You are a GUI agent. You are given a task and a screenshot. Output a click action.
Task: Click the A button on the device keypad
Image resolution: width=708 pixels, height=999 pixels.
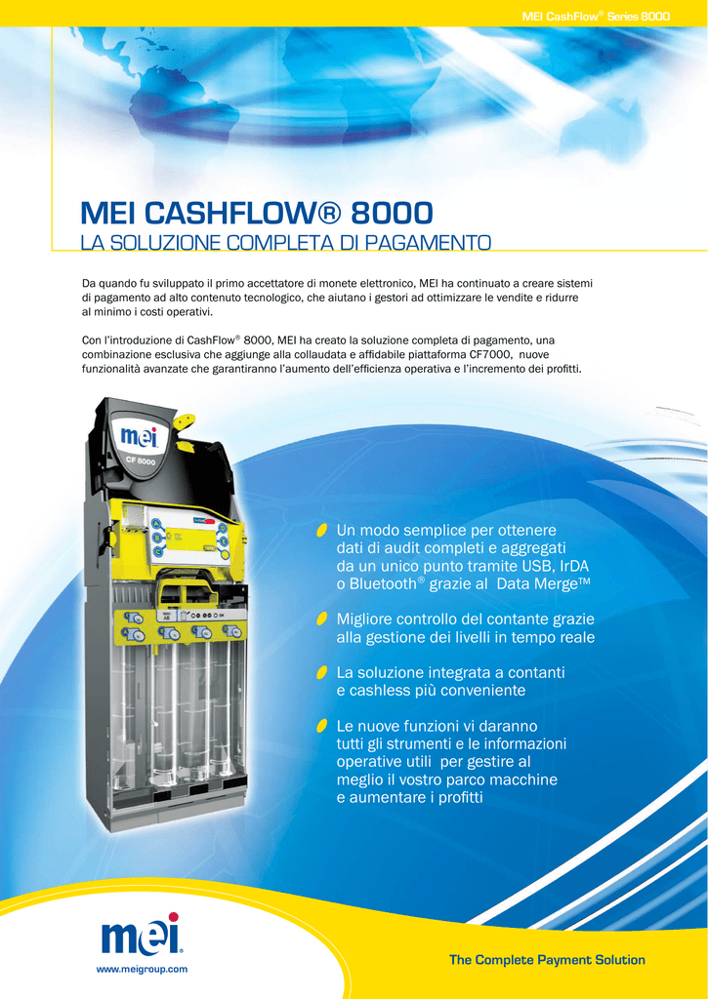(153, 524)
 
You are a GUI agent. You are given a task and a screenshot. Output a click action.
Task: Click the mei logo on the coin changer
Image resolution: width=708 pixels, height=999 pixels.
(135, 437)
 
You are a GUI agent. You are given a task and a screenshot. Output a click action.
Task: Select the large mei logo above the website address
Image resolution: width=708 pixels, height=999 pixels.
(142, 935)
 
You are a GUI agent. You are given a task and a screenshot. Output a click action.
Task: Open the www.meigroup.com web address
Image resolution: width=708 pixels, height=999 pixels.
(142, 969)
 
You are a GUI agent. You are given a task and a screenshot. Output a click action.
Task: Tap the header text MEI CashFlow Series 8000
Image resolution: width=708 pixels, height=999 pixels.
(596, 17)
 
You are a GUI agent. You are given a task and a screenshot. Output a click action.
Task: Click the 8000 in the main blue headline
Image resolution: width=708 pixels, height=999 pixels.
(392, 214)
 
